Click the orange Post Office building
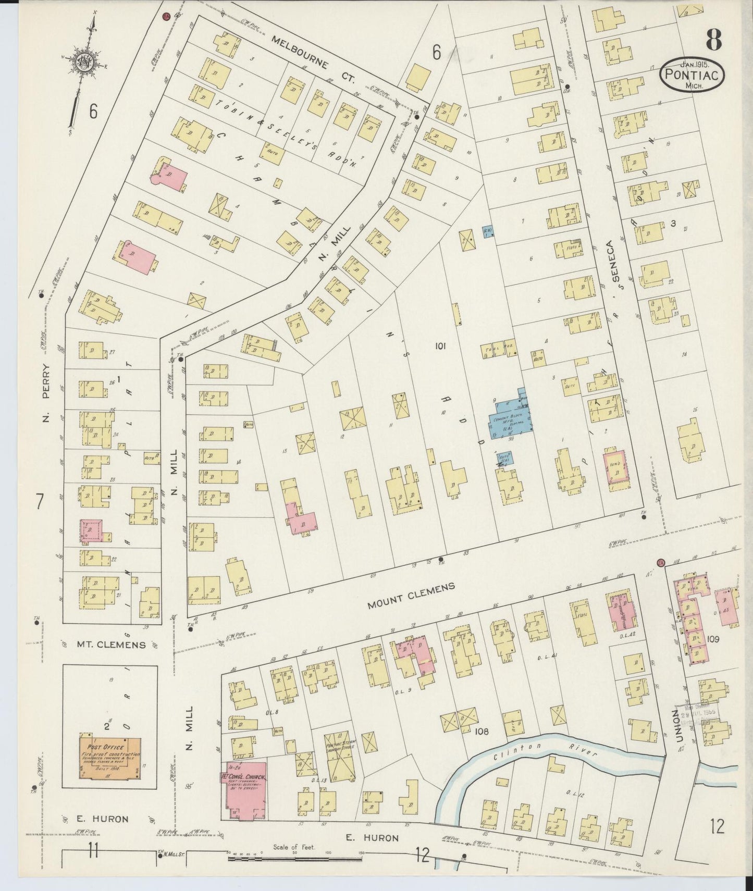click(110, 757)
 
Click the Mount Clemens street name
click(411, 596)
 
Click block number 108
click(483, 731)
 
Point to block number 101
click(441, 345)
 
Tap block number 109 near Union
click(712, 638)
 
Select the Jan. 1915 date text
click(692, 64)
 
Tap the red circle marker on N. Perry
click(166, 17)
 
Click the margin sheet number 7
click(39, 501)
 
